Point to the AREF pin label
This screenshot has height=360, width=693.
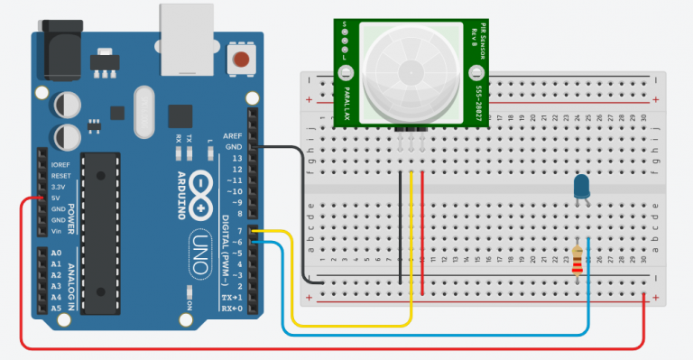(234, 135)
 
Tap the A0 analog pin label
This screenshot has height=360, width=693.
(57, 253)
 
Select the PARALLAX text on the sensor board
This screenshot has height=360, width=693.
(346, 93)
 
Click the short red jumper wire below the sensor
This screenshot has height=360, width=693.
(421, 226)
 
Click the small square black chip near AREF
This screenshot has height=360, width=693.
(180, 115)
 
